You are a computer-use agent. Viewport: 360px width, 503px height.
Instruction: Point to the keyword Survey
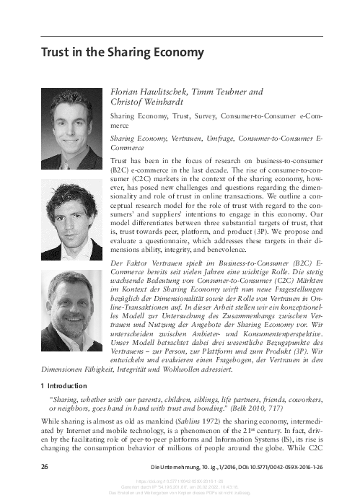pyautogui.click(x=205, y=115)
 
